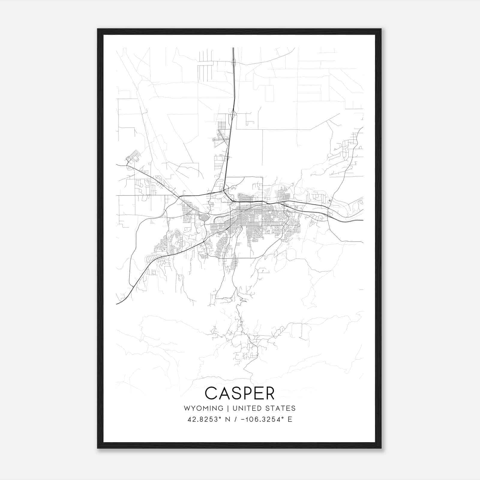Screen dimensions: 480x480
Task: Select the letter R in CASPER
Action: [x=269, y=393]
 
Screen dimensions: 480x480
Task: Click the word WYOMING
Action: [x=203, y=408]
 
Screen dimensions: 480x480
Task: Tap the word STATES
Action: [x=280, y=408]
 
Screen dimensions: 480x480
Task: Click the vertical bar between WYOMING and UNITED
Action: [x=228, y=408]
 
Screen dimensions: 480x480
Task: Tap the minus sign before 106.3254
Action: [x=247, y=419]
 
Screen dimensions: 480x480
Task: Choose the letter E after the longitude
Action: [x=290, y=419]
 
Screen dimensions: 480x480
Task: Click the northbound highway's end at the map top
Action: [x=233, y=48]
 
